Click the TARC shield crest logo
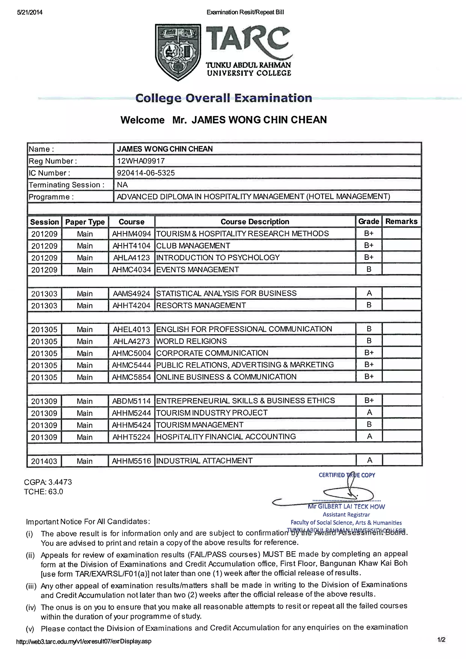coord(178,52)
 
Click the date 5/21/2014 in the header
coord(30,12)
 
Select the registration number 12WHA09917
coord(141,161)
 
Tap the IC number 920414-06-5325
coord(146,173)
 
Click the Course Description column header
coord(255,222)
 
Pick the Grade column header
coord(368,221)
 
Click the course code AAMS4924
coord(132,293)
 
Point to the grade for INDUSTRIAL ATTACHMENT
coord(369,460)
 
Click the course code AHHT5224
coord(132,437)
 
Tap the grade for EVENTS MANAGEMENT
coord(369,269)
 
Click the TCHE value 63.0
coord(56,492)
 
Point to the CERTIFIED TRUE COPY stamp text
coord(347,475)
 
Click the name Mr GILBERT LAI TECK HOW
coord(346,507)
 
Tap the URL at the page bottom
coord(84,641)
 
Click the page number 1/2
coord(441,639)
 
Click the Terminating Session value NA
coord(122,184)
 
